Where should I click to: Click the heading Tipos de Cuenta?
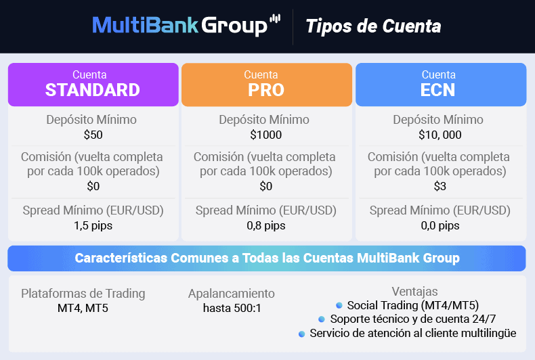coord(373,26)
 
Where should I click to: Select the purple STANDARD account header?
coord(93,85)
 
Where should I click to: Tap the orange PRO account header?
coord(266,85)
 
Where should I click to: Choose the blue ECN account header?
coord(440,85)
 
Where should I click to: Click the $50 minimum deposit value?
coord(93,135)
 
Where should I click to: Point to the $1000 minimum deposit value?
coord(265,135)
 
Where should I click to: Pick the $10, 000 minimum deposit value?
coord(440,135)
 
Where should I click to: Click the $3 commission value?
coord(440,186)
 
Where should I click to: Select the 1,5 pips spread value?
coord(93,225)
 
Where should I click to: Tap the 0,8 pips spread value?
coord(266,225)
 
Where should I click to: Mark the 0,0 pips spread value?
coord(440,225)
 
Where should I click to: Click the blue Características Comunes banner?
coord(267,258)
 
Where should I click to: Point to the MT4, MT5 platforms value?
coord(83,309)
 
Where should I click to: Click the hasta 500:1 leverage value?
coord(232,309)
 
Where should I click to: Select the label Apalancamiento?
coord(232,294)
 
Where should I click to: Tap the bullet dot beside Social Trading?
coord(339,305)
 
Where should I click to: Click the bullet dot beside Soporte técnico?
coord(322,319)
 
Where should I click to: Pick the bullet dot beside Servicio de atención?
coord(301,333)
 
